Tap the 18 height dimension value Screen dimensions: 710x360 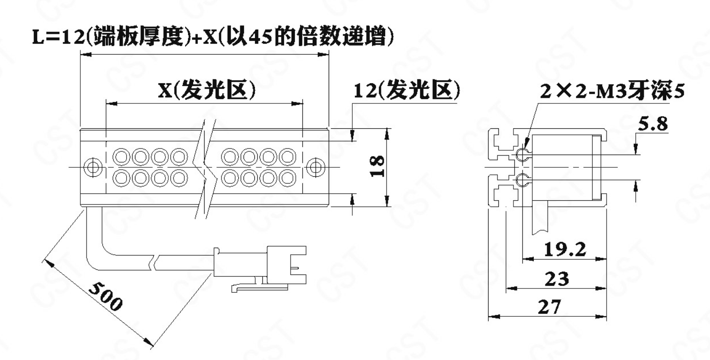click(377, 166)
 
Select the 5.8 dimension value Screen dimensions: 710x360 click(653, 124)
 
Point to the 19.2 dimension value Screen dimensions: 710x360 click(565, 250)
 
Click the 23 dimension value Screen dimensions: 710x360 click(557, 279)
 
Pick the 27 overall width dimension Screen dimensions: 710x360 click(550, 307)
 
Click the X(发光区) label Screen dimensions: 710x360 click(207, 90)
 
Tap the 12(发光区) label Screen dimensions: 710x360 click(407, 90)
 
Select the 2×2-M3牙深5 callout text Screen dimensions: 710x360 click(612, 91)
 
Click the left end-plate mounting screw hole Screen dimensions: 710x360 click(92, 167)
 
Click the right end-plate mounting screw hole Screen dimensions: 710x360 click(316, 167)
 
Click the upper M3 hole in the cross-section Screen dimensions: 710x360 click(522, 155)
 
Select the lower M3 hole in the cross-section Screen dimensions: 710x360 click(522, 180)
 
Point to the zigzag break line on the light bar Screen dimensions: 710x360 click(205, 169)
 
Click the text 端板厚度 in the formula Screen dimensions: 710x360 click(139, 37)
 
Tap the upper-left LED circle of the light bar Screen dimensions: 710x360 click(121, 157)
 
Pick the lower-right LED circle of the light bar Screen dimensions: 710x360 click(287, 178)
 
